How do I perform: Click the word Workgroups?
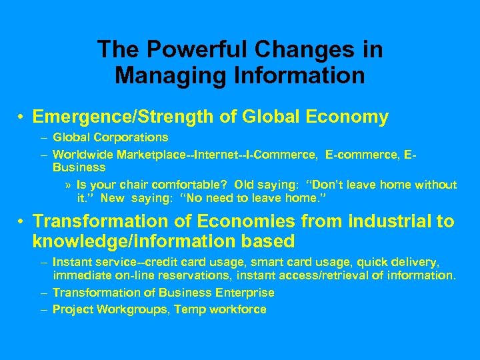tap(131, 309)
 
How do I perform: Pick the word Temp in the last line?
tap(187, 309)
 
